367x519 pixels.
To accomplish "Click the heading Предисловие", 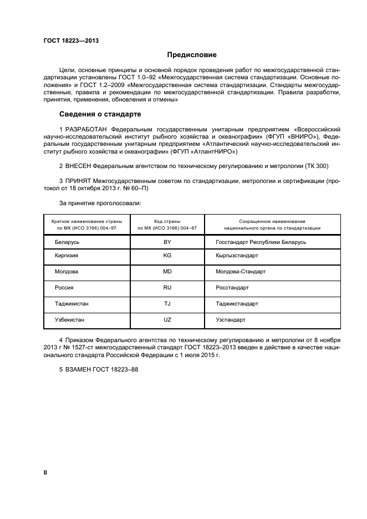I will pos(192,55).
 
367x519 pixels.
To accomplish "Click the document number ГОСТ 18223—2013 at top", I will pos(67,40).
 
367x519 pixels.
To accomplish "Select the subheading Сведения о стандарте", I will pos(100,114).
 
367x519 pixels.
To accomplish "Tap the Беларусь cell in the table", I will pos(67,242).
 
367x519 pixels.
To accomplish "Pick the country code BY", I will pos(167,242).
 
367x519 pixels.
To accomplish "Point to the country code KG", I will pos(167,256).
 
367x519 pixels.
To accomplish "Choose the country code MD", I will pos(167,272).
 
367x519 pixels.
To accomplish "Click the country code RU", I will pos(167,288).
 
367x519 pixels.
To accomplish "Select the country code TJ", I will pos(167,304).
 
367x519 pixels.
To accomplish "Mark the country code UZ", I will pos(167,320).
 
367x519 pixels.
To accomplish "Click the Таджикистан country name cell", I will pos(72,304).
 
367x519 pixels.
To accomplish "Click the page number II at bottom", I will pos(46,472).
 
